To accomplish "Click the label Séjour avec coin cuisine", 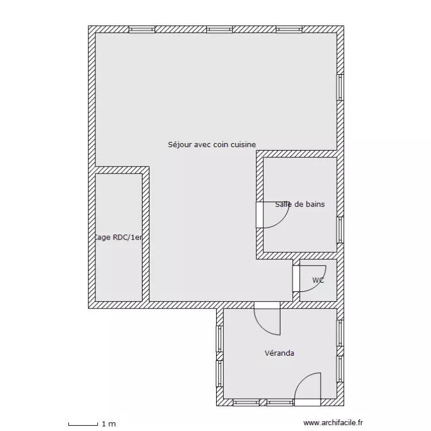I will [211, 145].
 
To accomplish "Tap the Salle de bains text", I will [299, 204].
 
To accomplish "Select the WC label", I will [318, 280].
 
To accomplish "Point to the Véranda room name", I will [279, 353].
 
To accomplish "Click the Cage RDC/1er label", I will [118, 237].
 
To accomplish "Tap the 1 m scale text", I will [109, 424].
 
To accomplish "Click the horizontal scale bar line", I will [83, 425].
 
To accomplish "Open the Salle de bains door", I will [273, 215].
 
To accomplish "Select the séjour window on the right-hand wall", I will [340, 87].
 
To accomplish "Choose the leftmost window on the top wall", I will [141, 29].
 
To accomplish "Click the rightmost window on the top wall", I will [289, 29].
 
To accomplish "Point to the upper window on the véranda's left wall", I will [219, 339].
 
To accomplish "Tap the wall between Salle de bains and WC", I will [299, 256].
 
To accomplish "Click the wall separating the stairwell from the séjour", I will [146, 236].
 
